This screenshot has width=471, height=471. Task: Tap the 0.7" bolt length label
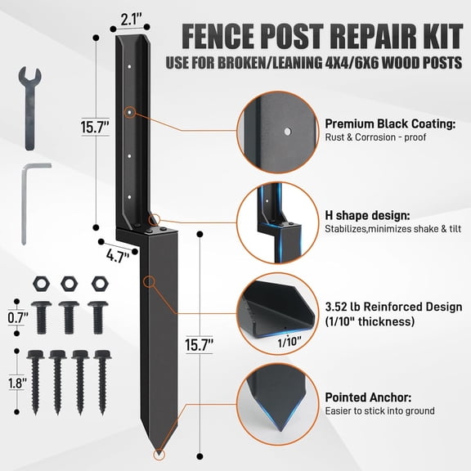15,316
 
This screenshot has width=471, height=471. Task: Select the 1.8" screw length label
15,381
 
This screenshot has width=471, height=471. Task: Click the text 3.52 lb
346,307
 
